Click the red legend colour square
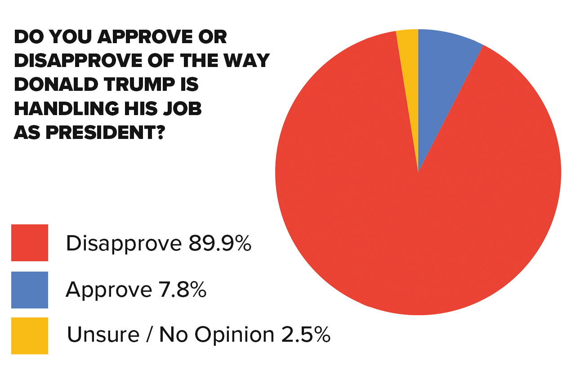point(30,243)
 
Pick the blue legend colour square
point(30,290)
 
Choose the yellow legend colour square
point(30,335)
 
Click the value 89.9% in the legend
point(219,243)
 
